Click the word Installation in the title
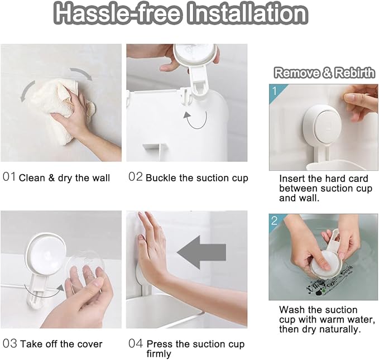tap(248, 13)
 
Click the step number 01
tap(9, 177)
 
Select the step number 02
tap(135, 177)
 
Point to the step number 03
tap(10, 343)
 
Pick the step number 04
tap(136, 343)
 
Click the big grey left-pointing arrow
tap(202, 252)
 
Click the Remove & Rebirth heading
tap(324, 73)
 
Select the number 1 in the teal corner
tap(275, 91)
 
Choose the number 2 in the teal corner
tap(274, 220)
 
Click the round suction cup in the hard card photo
tap(323, 126)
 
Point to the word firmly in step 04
tap(159, 354)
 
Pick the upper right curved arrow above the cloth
tap(82, 73)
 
